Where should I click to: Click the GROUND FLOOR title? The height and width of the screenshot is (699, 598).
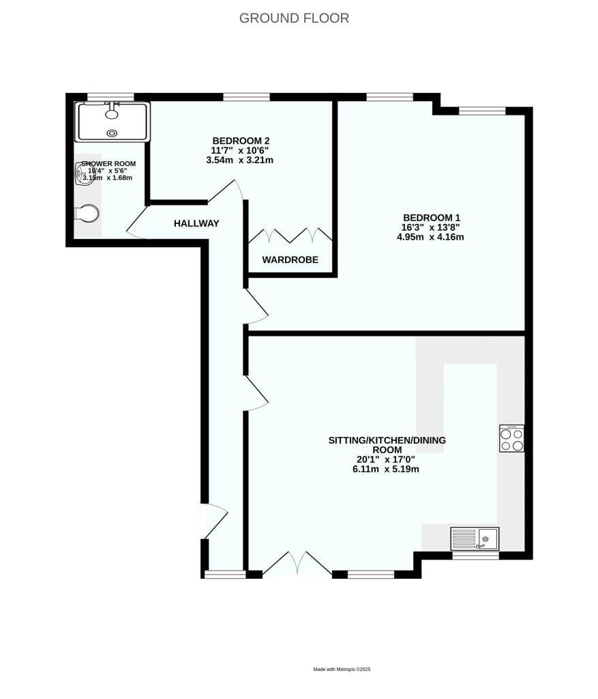point(294,18)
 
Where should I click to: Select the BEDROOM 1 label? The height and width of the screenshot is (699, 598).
point(430,218)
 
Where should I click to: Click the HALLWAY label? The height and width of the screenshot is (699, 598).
point(196,223)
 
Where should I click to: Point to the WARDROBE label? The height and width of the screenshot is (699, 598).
point(290,259)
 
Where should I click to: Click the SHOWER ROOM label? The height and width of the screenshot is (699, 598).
point(108,164)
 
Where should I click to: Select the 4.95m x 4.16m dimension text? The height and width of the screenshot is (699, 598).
point(430,238)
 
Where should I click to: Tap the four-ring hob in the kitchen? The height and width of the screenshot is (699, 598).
point(512,438)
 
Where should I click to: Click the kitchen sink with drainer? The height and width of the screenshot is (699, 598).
point(475,539)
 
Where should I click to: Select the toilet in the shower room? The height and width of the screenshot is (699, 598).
point(87,214)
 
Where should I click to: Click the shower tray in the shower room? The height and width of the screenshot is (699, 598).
point(113,122)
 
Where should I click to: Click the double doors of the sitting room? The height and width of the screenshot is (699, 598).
point(297,565)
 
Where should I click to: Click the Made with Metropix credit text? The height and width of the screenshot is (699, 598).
point(341,670)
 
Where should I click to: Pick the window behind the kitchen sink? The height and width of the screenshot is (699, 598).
point(475,556)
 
